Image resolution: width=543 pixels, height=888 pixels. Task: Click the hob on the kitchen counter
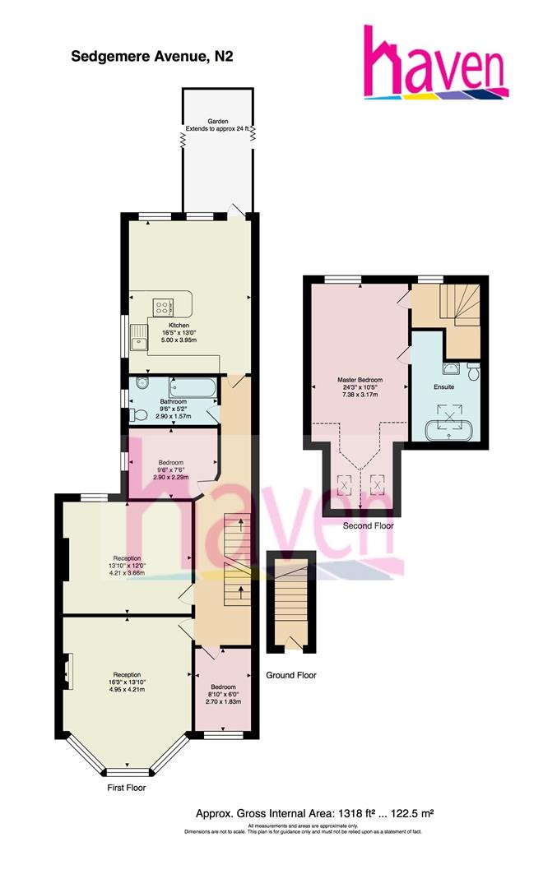[163, 308]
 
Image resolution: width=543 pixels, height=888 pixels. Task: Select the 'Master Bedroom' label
[360, 380]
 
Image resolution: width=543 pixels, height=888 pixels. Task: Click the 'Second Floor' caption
[369, 525]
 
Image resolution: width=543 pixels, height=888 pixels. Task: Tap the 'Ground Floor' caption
[291, 675]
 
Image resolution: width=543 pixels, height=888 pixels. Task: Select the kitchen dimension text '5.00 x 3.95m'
[179, 340]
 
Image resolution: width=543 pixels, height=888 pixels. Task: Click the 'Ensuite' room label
[444, 386]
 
